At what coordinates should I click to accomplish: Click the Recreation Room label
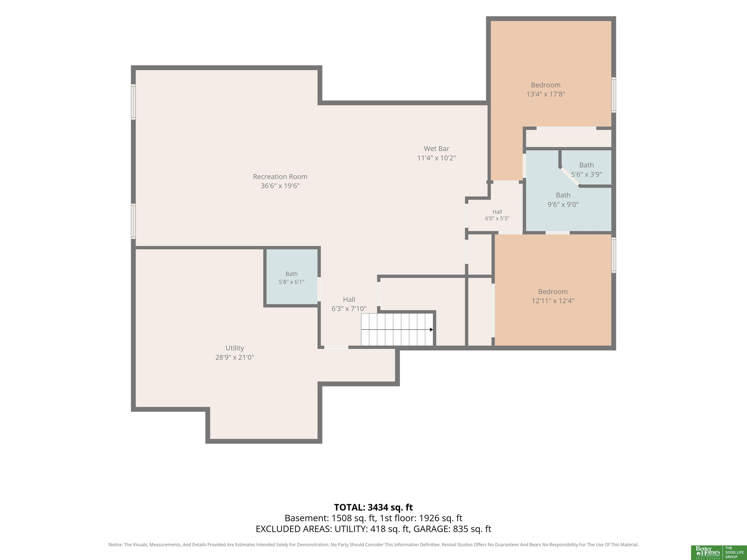click(280, 176)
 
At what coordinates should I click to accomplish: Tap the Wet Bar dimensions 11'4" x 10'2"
click(436, 158)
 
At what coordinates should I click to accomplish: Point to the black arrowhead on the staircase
click(431, 329)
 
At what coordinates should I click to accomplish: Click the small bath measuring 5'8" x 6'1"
click(292, 278)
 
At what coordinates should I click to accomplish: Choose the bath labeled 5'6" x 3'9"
click(586, 169)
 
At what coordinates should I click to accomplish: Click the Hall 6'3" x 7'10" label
click(349, 304)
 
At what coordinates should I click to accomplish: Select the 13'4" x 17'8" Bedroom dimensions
click(545, 94)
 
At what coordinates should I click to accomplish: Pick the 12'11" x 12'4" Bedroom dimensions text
click(553, 301)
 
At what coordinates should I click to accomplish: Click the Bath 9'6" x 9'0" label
click(563, 200)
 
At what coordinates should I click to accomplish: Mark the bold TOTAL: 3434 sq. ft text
click(373, 507)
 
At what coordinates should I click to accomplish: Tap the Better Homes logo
click(707, 552)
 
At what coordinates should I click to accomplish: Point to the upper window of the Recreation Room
click(133, 102)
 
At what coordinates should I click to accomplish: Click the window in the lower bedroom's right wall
click(614, 255)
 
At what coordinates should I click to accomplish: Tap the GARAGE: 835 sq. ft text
click(452, 529)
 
